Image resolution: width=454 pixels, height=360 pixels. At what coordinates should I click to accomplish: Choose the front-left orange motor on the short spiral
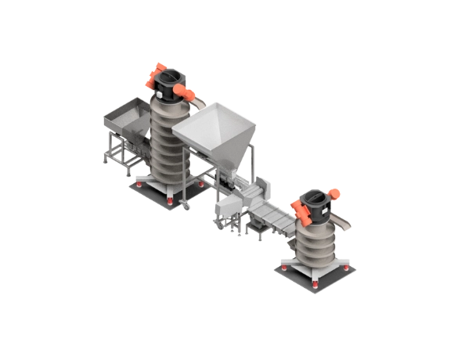(299, 208)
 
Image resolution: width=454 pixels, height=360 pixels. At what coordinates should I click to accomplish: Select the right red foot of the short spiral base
(347, 268)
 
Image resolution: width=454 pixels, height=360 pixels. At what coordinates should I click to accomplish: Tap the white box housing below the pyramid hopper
(228, 205)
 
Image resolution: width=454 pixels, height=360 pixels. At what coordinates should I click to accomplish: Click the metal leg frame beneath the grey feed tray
(117, 153)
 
